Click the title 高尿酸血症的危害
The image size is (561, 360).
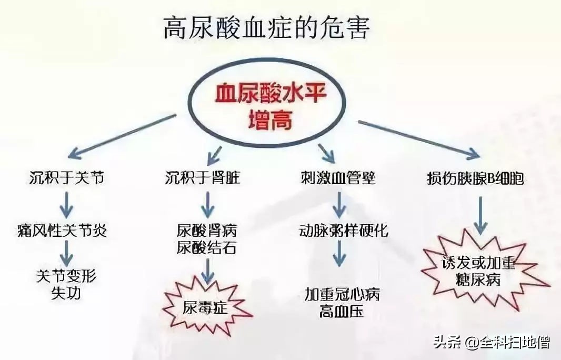coord(266,28)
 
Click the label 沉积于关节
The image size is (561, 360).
coord(66,178)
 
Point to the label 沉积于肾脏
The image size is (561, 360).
coord(202,178)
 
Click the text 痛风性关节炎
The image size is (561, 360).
coord(62,231)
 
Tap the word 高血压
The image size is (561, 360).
coord(342,312)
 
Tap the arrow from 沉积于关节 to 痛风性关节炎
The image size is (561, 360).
coord(66,204)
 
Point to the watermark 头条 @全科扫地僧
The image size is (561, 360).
coord(492,342)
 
